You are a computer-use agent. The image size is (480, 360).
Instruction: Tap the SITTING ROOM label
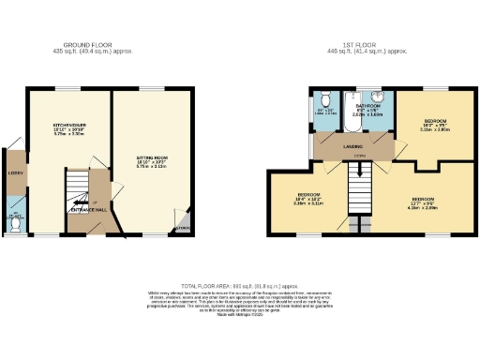click(151, 157)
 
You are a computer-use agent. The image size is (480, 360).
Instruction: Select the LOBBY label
click(14, 173)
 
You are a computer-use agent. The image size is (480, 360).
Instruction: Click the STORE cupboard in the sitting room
click(182, 226)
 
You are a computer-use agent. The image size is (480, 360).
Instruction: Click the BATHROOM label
click(366, 106)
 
